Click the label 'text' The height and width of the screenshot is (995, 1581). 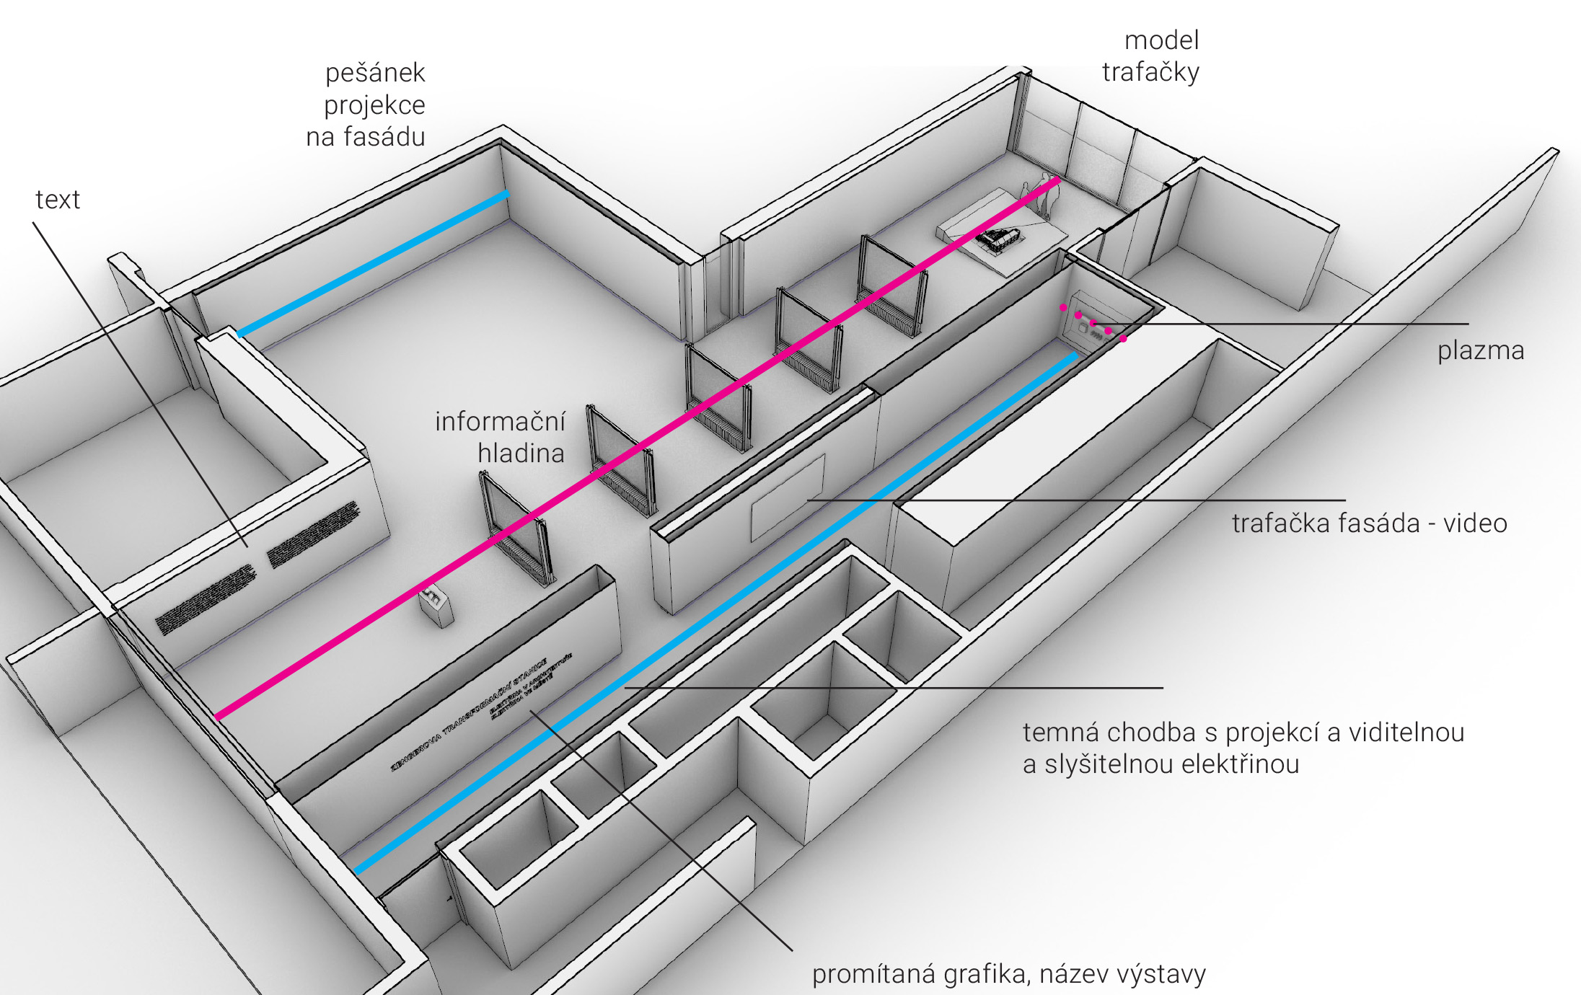[x=58, y=200]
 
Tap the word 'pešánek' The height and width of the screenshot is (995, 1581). [x=375, y=73]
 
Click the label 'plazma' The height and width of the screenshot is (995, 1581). [x=1480, y=351]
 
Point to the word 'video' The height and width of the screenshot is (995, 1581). [x=1474, y=523]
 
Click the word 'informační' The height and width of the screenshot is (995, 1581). [x=500, y=422]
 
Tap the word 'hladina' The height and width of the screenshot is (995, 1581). [x=521, y=454]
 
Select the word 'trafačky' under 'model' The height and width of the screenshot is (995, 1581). [x=1150, y=72]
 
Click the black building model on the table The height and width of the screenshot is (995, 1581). [x=1000, y=238]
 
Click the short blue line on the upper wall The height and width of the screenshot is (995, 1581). [x=373, y=264]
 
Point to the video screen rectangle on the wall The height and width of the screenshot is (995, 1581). [x=787, y=497]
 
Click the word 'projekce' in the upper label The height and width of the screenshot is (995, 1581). [x=374, y=105]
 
